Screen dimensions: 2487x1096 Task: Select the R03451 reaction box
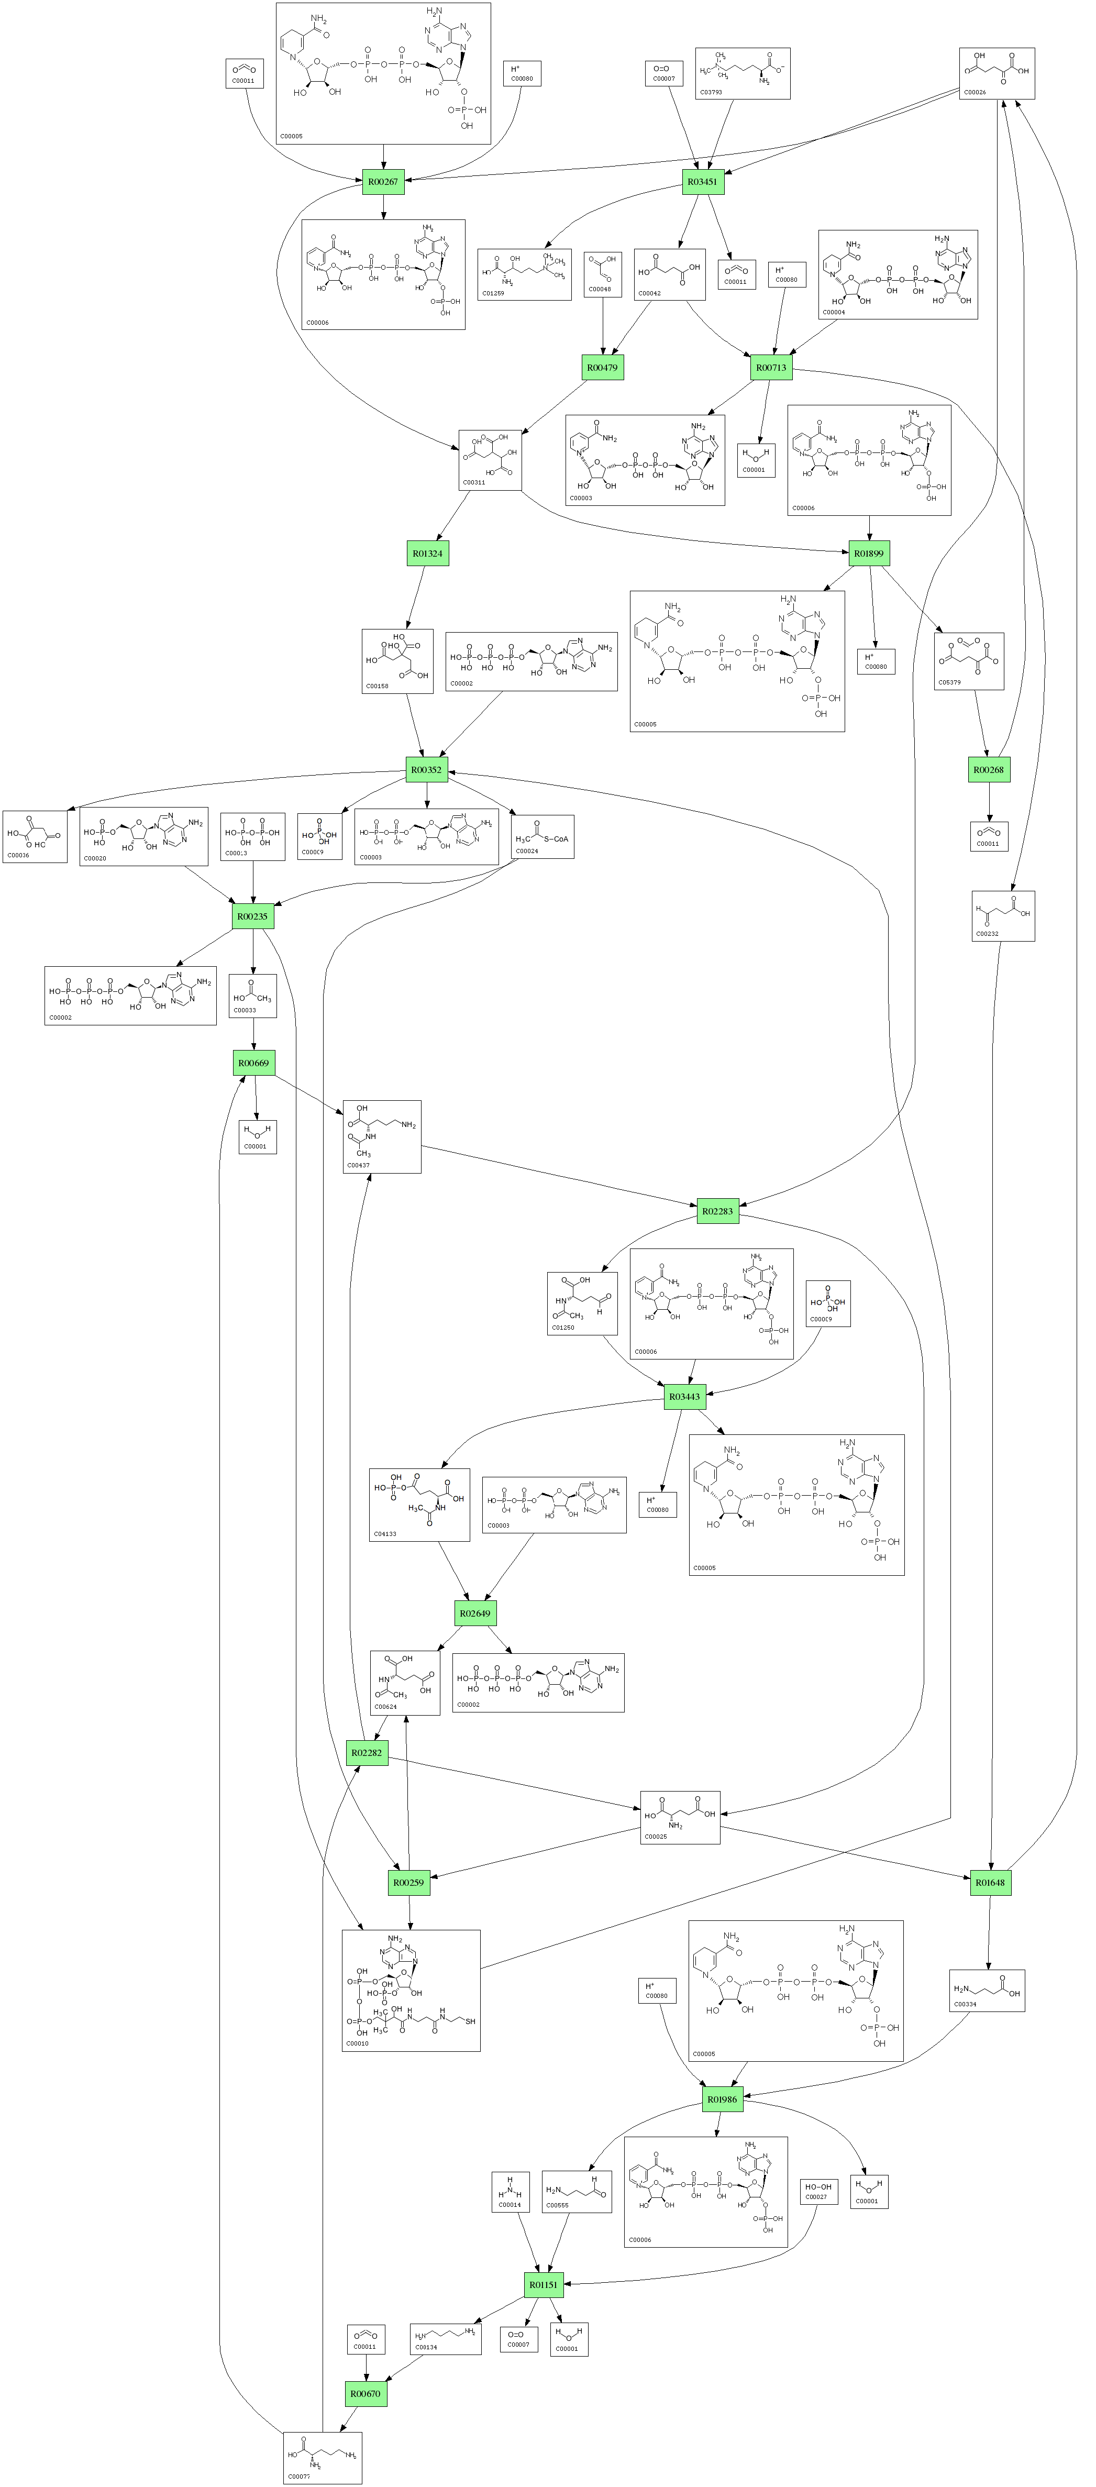click(702, 182)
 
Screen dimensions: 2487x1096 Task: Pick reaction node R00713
click(771, 368)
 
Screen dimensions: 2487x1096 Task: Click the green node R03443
click(684, 1396)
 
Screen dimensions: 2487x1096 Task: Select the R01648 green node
click(990, 1882)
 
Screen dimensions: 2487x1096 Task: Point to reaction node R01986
click(722, 2099)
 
